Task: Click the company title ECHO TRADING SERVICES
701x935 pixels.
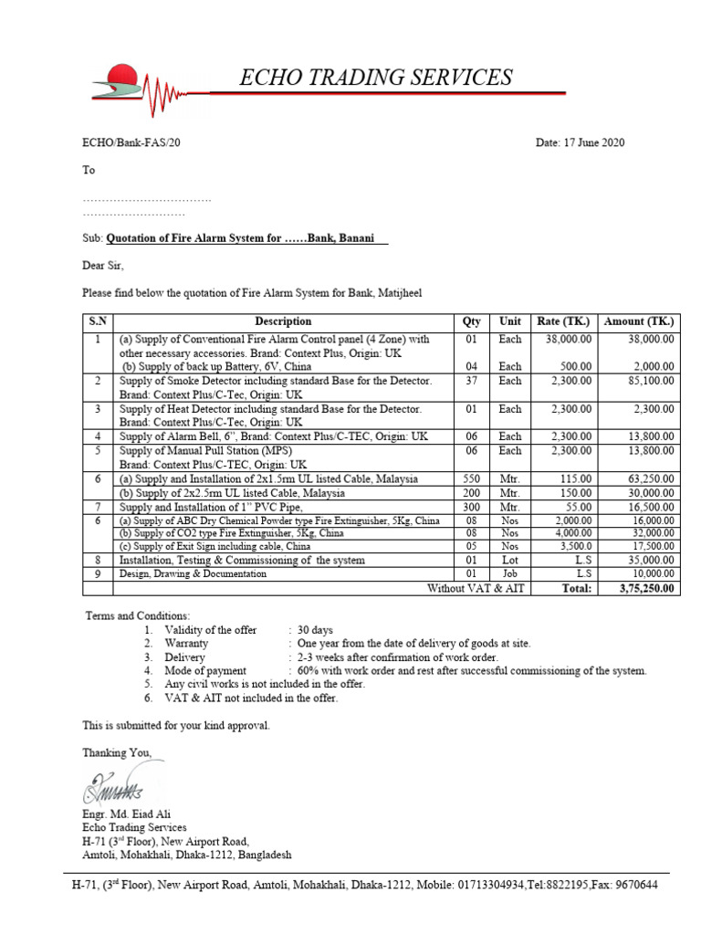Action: click(375, 78)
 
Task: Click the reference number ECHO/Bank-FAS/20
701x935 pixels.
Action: click(127, 142)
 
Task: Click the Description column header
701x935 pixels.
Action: click(283, 321)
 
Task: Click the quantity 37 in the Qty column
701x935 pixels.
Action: click(472, 380)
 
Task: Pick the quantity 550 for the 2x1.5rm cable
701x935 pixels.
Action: click(472, 478)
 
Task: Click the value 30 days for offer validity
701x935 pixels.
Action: click(317, 630)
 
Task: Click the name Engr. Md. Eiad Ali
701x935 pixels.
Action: click(126, 814)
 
